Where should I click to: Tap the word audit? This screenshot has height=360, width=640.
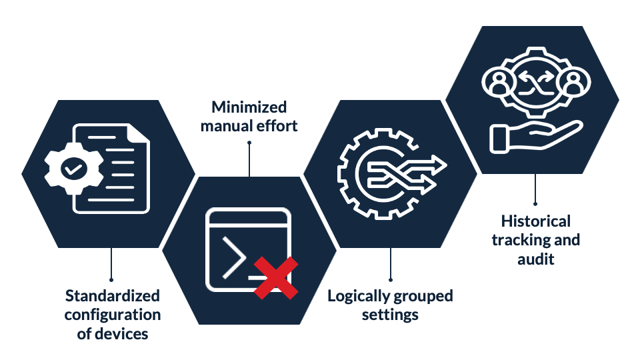[536, 259]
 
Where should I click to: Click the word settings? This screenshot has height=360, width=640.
[390, 314]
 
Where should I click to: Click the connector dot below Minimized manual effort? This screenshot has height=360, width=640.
[249, 141]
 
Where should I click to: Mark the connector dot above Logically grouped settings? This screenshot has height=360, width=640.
[391, 279]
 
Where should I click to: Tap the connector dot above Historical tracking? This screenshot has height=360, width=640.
[535, 204]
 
